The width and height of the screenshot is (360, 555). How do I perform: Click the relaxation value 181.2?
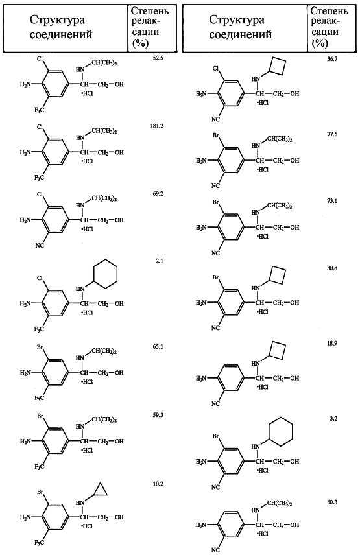(157, 126)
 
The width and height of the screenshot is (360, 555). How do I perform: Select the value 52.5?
(158, 58)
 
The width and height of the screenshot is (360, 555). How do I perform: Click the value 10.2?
(158, 484)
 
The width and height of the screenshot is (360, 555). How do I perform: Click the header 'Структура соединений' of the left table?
(60, 27)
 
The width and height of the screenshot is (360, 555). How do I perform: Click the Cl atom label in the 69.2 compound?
(40, 195)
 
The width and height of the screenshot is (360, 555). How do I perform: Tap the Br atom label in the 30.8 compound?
(215, 278)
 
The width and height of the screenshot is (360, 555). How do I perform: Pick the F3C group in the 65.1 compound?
(40, 399)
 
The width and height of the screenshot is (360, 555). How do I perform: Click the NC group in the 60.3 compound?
(215, 550)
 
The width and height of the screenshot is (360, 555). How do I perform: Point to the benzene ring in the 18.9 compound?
(231, 377)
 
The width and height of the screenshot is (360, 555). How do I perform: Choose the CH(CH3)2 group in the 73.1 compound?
(280, 206)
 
